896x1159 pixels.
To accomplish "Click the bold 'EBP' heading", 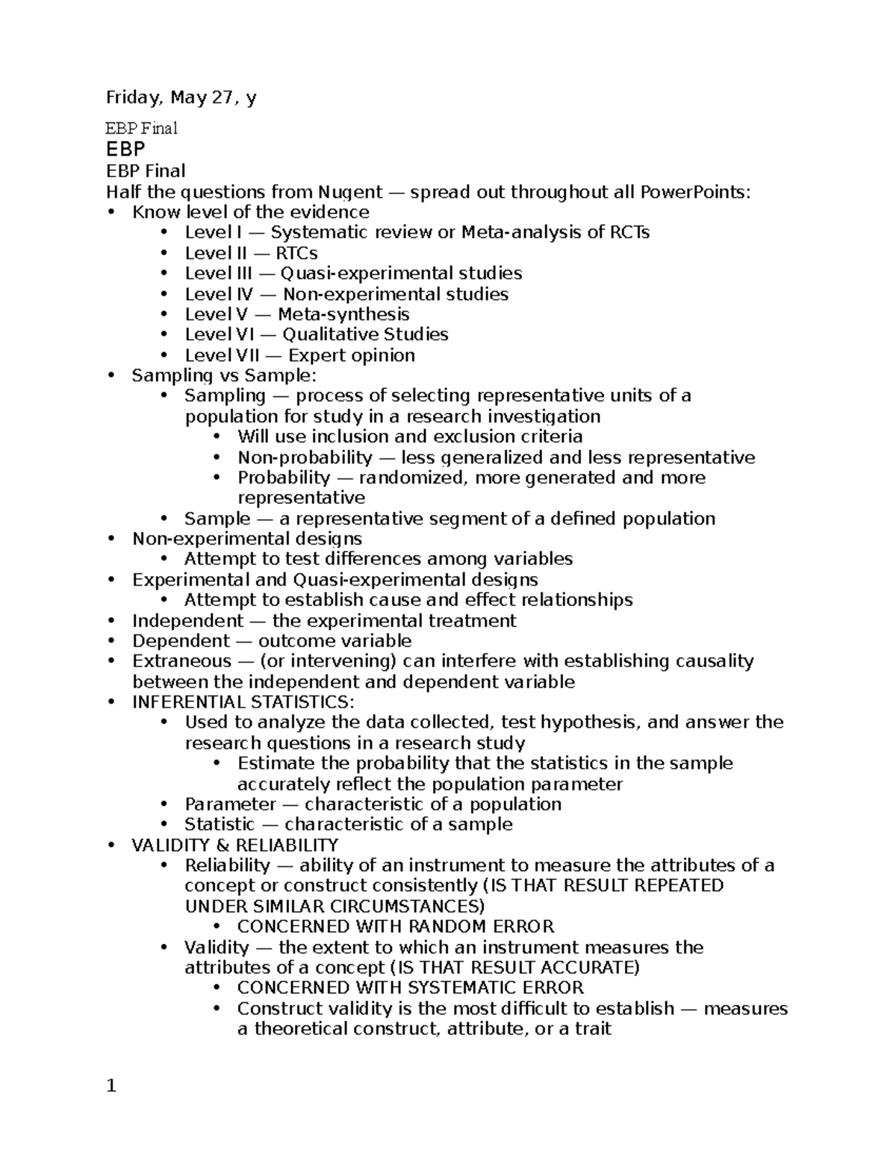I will point(125,149).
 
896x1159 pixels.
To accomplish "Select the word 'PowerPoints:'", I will point(694,193).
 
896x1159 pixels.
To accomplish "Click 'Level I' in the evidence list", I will point(208,233).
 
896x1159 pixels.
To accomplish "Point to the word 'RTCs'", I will point(296,253).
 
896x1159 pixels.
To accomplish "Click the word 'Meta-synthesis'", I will point(343,314).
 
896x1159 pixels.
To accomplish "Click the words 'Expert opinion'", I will point(351,355).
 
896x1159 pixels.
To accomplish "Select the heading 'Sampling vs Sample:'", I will point(224,375).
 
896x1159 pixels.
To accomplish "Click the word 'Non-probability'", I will point(305,457).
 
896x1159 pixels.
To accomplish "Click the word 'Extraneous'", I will point(182,661).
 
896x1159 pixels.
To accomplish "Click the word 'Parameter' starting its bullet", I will point(231,805).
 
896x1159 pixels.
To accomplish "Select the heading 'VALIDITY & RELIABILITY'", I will point(235,846).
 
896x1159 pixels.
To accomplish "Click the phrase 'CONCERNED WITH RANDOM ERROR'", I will point(396,927).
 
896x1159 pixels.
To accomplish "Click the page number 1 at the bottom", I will point(112,1087).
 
